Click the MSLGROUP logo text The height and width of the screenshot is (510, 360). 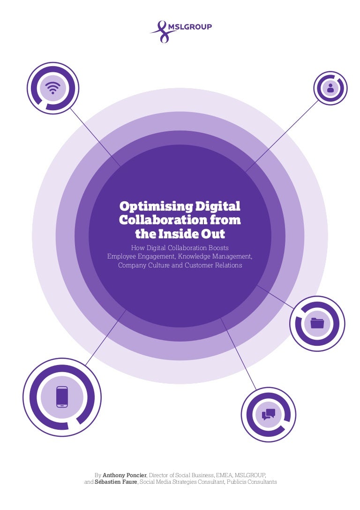click(x=190, y=27)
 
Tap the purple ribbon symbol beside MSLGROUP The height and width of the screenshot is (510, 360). click(x=163, y=32)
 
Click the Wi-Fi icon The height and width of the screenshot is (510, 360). click(x=53, y=87)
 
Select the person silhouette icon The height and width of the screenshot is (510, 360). click(x=330, y=88)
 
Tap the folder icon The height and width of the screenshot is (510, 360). click(x=317, y=323)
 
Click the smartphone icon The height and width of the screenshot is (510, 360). click(x=62, y=397)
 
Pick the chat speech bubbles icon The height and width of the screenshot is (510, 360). click(x=269, y=414)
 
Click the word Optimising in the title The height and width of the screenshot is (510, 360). click(x=156, y=206)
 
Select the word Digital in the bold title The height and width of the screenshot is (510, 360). click(x=217, y=206)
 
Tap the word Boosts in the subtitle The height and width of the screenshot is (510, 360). click(x=218, y=248)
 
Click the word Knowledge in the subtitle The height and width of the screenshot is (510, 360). click(x=194, y=257)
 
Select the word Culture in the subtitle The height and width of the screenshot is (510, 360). click(x=159, y=266)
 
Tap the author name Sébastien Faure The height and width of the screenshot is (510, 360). click(x=116, y=482)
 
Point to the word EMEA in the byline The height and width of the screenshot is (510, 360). click(x=224, y=475)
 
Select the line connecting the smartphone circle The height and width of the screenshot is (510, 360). click(x=105, y=337)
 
